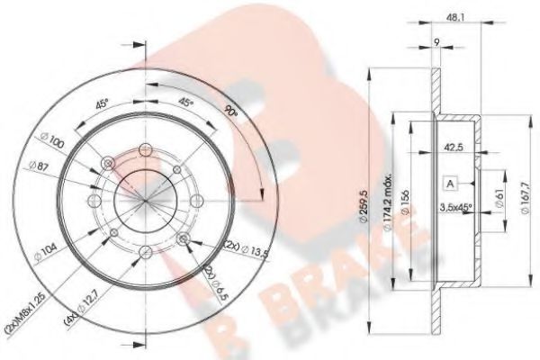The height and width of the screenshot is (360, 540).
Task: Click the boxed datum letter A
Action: (x=447, y=182)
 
